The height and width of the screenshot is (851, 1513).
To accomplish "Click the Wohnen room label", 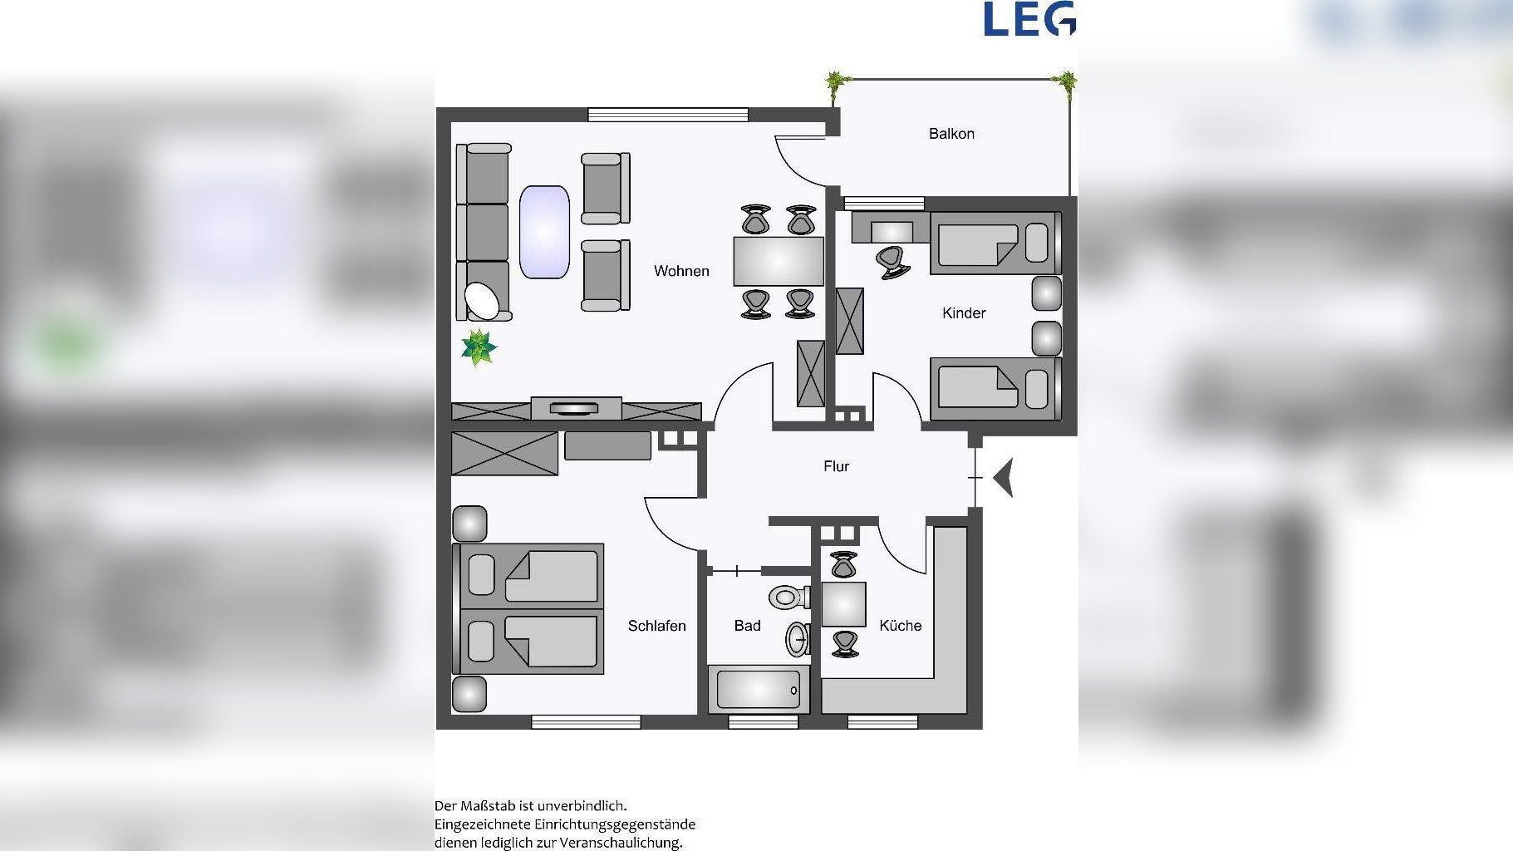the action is [681, 271].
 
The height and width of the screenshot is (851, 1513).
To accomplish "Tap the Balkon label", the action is [951, 134].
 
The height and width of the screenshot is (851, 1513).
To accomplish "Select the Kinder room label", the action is [964, 313].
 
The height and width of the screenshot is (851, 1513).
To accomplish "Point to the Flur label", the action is [837, 466].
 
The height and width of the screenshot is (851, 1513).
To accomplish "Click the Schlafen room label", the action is [656, 626].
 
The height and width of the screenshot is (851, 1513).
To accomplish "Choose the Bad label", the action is [747, 626].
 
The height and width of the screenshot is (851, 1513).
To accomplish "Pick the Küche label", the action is [901, 626].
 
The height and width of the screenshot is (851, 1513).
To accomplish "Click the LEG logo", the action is [1029, 18].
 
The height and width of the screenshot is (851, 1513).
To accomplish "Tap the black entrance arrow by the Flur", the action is [1005, 478].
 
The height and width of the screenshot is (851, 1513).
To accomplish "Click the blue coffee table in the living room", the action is [544, 232].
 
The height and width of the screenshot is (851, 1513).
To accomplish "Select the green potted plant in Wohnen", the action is [479, 347].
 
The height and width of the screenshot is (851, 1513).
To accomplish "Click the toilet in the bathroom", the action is [789, 596].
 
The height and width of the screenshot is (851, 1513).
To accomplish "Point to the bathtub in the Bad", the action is [759, 689].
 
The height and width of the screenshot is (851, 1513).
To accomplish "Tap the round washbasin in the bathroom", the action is [798, 639].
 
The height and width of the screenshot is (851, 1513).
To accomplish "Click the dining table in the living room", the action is [779, 261].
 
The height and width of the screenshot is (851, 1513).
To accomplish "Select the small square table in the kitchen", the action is [843, 604].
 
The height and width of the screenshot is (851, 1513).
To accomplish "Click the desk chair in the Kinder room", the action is [892, 262].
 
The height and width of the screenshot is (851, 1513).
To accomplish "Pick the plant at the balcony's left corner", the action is [836, 83].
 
